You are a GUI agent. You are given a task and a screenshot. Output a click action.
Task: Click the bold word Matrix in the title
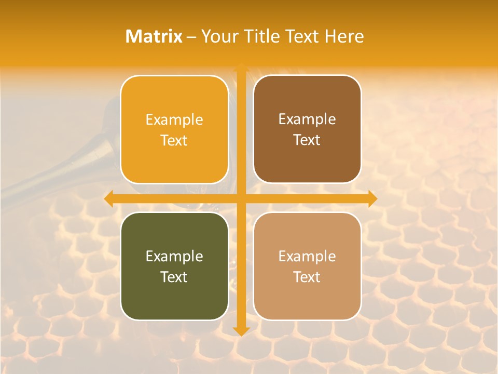tap(154, 36)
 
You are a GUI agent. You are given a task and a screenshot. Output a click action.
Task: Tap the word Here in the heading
tap(344, 36)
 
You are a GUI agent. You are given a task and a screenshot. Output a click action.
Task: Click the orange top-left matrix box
tap(174, 129)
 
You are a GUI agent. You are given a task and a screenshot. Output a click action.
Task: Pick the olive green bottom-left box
tap(174, 266)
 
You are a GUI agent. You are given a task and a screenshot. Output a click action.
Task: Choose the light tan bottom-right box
tap(307, 266)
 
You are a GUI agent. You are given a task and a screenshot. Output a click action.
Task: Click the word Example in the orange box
tap(174, 120)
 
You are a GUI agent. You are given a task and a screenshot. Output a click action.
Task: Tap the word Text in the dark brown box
tap(307, 140)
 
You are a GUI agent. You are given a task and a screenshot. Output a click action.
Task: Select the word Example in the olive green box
tap(174, 256)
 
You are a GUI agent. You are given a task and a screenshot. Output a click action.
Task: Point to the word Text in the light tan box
tap(307, 277)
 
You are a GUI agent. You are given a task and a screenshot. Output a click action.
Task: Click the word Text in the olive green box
tap(174, 277)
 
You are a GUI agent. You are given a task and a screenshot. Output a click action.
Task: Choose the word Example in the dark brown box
tap(307, 119)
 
